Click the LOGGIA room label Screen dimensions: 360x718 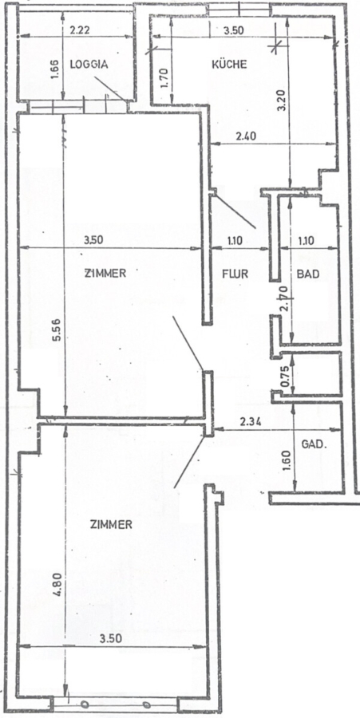tap(89, 65)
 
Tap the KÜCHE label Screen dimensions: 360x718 tap(229, 64)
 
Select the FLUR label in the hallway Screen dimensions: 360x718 tap(235, 274)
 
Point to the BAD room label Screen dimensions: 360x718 tap(308, 274)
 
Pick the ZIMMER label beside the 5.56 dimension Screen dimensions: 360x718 tap(105, 274)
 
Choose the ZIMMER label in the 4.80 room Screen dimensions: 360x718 tap(111, 525)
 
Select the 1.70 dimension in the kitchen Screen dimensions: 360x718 tap(166, 77)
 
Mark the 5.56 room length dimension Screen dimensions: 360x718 tap(57, 331)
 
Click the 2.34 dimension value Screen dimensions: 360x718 tap(251, 423)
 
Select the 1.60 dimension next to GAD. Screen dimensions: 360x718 tap(287, 462)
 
